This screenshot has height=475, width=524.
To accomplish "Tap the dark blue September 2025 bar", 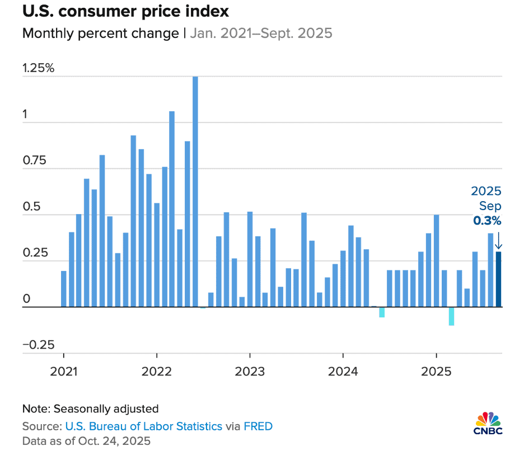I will pyautogui.click(x=498, y=279).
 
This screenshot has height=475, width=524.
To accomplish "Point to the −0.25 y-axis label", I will pyautogui.click(x=38, y=344).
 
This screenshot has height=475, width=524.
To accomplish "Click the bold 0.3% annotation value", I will pyautogui.click(x=487, y=220).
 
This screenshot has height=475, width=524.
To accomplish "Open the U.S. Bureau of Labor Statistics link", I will pyautogui.click(x=143, y=426).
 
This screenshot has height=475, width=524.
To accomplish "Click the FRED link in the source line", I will pyautogui.click(x=258, y=426).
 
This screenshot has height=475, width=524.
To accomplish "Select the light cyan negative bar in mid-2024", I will pyautogui.click(x=382, y=312).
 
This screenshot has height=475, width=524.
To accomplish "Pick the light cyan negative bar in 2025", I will pyautogui.click(x=451, y=316).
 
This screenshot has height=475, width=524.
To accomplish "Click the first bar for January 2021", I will pyautogui.click(x=63, y=289).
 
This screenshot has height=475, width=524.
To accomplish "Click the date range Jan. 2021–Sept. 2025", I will pyautogui.click(x=261, y=34).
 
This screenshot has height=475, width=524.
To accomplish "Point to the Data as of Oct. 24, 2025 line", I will pyautogui.click(x=86, y=440).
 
